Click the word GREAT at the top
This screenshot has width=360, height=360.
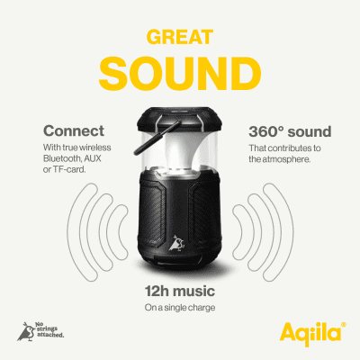[180, 37]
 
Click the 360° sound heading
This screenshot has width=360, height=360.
[290, 131]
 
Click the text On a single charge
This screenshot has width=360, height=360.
[180, 308]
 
